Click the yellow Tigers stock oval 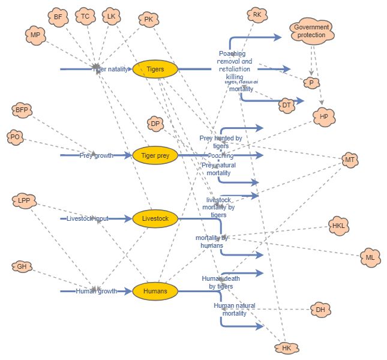[x=155, y=69]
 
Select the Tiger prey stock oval [x=155, y=155]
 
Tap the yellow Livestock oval [x=155, y=219]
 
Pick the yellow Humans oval [x=155, y=292]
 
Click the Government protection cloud [x=311, y=31]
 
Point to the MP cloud [x=35, y=35]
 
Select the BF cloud [x=58, y=17]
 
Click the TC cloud [x=85, y=16]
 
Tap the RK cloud [x=257, y=14]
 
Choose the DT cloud [x=286, y=106]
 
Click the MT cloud [x=350, y=160]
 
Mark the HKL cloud [x=338, y=226]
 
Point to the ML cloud [x=370, y=258]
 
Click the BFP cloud [x=22, y=110]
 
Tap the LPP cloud [x=24, y=200]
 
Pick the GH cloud [x=22, y=266]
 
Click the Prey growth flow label [x=96, y=155]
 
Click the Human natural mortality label [x=234, y=309]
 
